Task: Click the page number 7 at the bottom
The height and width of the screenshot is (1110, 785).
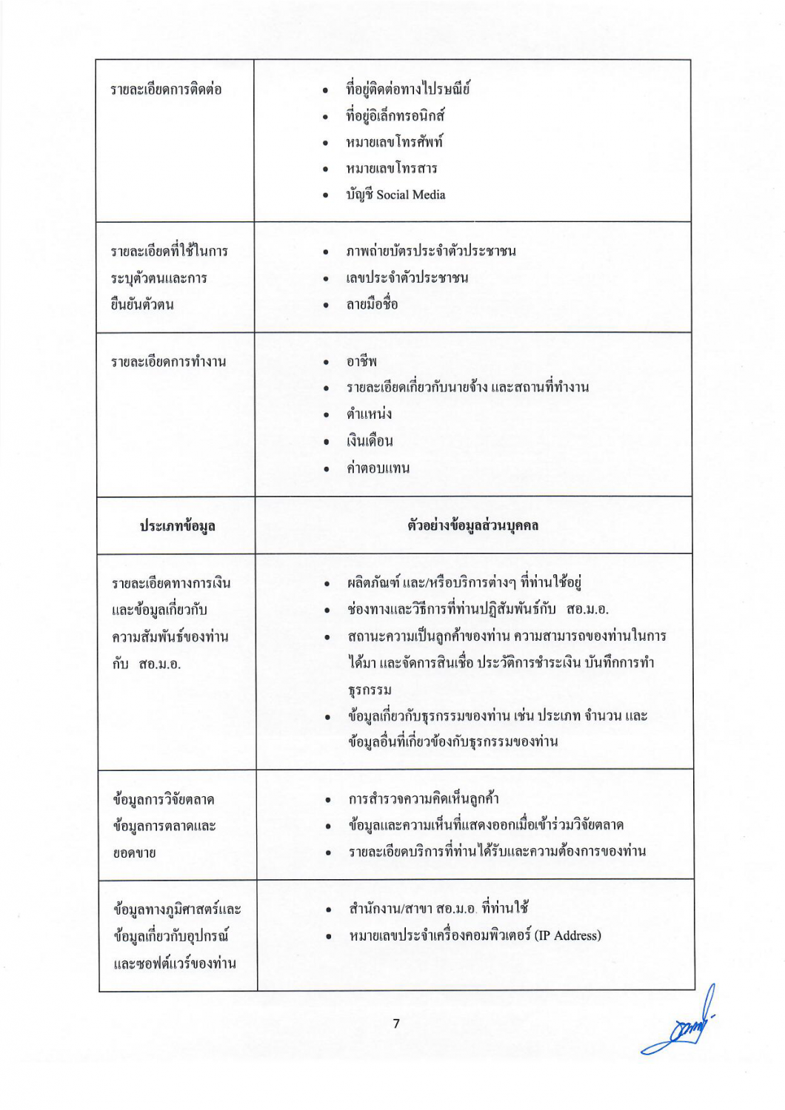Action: [x=396, y=1023]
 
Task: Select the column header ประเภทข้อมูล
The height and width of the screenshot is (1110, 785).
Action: [x=177, y=526]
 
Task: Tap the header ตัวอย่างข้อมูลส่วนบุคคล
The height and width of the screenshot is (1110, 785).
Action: [x=472, y=526]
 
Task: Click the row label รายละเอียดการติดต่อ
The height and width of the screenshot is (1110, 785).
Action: [x=166, y=90]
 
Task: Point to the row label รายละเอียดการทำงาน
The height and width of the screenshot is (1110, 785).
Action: [x=168, y=362]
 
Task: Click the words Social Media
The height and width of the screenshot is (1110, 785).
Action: [x=411, y=195]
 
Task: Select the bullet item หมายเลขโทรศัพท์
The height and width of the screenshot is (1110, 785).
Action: [x=394, y=142]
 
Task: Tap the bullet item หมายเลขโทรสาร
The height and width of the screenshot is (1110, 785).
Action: [x=392, y=169]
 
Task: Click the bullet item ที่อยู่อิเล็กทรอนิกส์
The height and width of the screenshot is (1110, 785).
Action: [x=395, y=116]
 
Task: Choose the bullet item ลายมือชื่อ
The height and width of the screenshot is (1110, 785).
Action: [x=372, y=304]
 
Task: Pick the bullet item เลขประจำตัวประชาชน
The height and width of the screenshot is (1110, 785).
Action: [x=407, y=278]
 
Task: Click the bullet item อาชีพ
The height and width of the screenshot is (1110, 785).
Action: [x=361, y=362]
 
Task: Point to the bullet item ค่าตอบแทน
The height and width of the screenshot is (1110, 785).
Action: [x=378, y=468]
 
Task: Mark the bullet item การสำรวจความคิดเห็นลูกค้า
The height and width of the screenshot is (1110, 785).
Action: [x=424, y=799]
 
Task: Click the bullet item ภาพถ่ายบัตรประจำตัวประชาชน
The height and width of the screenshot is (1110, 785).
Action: [x=431, y=252]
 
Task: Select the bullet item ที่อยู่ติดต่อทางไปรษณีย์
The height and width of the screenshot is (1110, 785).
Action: [x=407, y=90]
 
